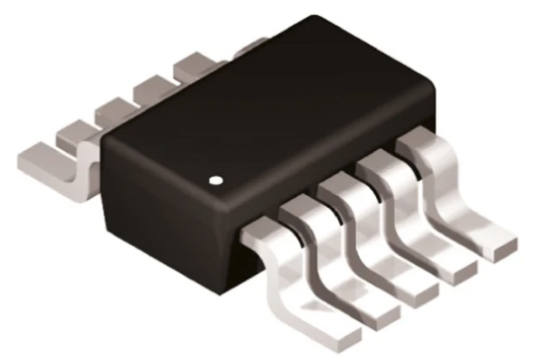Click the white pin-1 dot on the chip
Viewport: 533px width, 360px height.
[x=218, y=182]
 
